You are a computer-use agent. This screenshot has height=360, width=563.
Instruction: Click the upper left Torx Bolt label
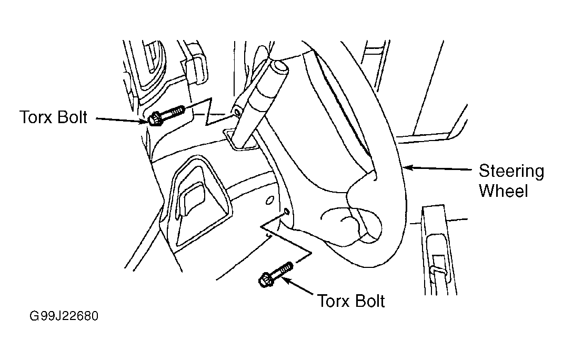click(53, 117)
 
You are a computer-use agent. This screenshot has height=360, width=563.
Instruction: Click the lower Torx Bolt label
click(351, 301)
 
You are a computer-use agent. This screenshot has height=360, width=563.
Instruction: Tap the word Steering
click(511, 172)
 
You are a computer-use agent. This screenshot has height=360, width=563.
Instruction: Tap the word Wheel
click(504, 191)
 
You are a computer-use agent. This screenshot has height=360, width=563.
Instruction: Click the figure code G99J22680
click(64, 316)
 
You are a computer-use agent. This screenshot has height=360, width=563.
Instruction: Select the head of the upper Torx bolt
click(155, 119)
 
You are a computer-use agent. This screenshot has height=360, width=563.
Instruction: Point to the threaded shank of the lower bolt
click(284, 270)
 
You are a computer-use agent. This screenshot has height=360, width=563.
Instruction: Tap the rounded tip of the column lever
click(280, 67)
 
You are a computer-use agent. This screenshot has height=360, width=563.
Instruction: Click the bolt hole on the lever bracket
click(237, 113)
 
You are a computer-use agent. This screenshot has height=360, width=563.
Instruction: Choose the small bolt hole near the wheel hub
click(286, 211)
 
